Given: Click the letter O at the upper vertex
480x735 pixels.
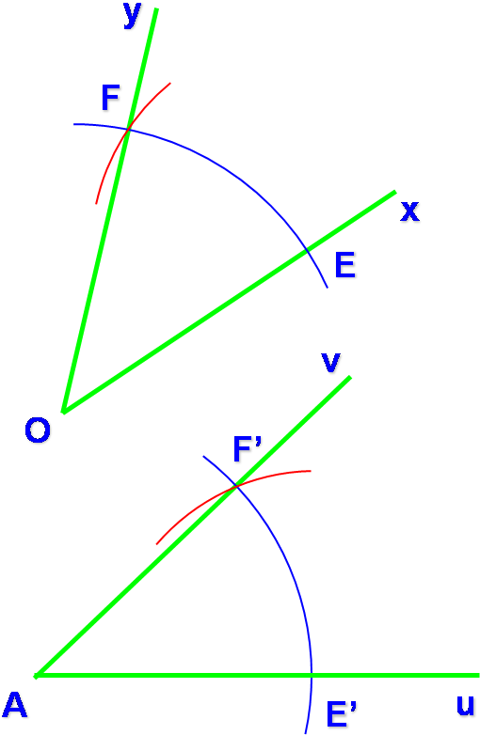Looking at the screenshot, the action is click(x=38, y=430).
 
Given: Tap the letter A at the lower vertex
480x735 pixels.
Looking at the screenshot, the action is click(x=15, y=705).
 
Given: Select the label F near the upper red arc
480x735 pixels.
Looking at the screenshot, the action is click(x=111, y=98).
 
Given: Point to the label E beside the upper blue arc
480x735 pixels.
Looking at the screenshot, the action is click(x=344, y=265).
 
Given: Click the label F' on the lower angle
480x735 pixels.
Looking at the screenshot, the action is click(x=248, y=449).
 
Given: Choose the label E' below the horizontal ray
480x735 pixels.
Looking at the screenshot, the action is click(x=342, y=713).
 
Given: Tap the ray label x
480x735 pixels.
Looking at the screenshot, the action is click(x=409, y=211).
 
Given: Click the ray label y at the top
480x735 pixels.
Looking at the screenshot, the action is click(x=133, y=15).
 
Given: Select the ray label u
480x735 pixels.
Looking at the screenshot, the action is click(x=466, y=705).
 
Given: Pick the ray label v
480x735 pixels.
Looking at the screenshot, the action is click(x=330, y=363).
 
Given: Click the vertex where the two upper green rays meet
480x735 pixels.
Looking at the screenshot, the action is click(x=64, y=412).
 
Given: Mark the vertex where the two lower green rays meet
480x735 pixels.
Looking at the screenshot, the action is click(x=37, y=676).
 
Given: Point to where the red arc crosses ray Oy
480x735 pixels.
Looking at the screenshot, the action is click(x=127, y=130).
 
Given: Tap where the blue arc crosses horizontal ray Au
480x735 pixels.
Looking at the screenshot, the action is click(x=311, y=675).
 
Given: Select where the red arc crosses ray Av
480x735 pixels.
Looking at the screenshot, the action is click(x=236, y=487).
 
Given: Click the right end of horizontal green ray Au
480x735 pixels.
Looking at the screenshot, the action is click(x=479, y=675).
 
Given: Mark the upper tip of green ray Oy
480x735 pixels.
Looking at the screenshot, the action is click(x=156, y=8).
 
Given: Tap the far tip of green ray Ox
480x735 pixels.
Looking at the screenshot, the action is click(x=395, y=192).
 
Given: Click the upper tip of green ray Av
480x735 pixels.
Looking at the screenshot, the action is click(x=350, y=377).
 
